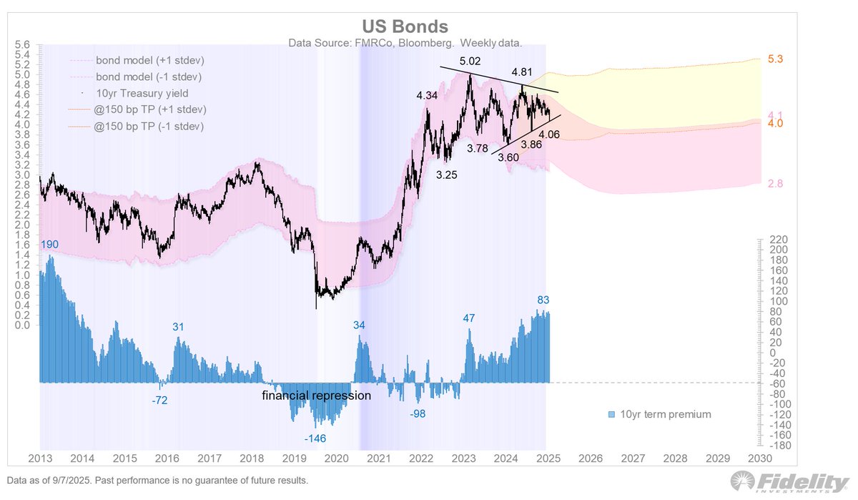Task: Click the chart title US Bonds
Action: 406,27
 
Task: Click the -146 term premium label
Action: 315,438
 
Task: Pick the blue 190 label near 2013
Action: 49,245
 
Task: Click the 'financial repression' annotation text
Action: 317,396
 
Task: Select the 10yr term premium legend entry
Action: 659,414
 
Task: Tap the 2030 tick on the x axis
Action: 759,458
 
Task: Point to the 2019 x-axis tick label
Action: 294,458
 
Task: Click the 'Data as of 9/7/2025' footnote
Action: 157,480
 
